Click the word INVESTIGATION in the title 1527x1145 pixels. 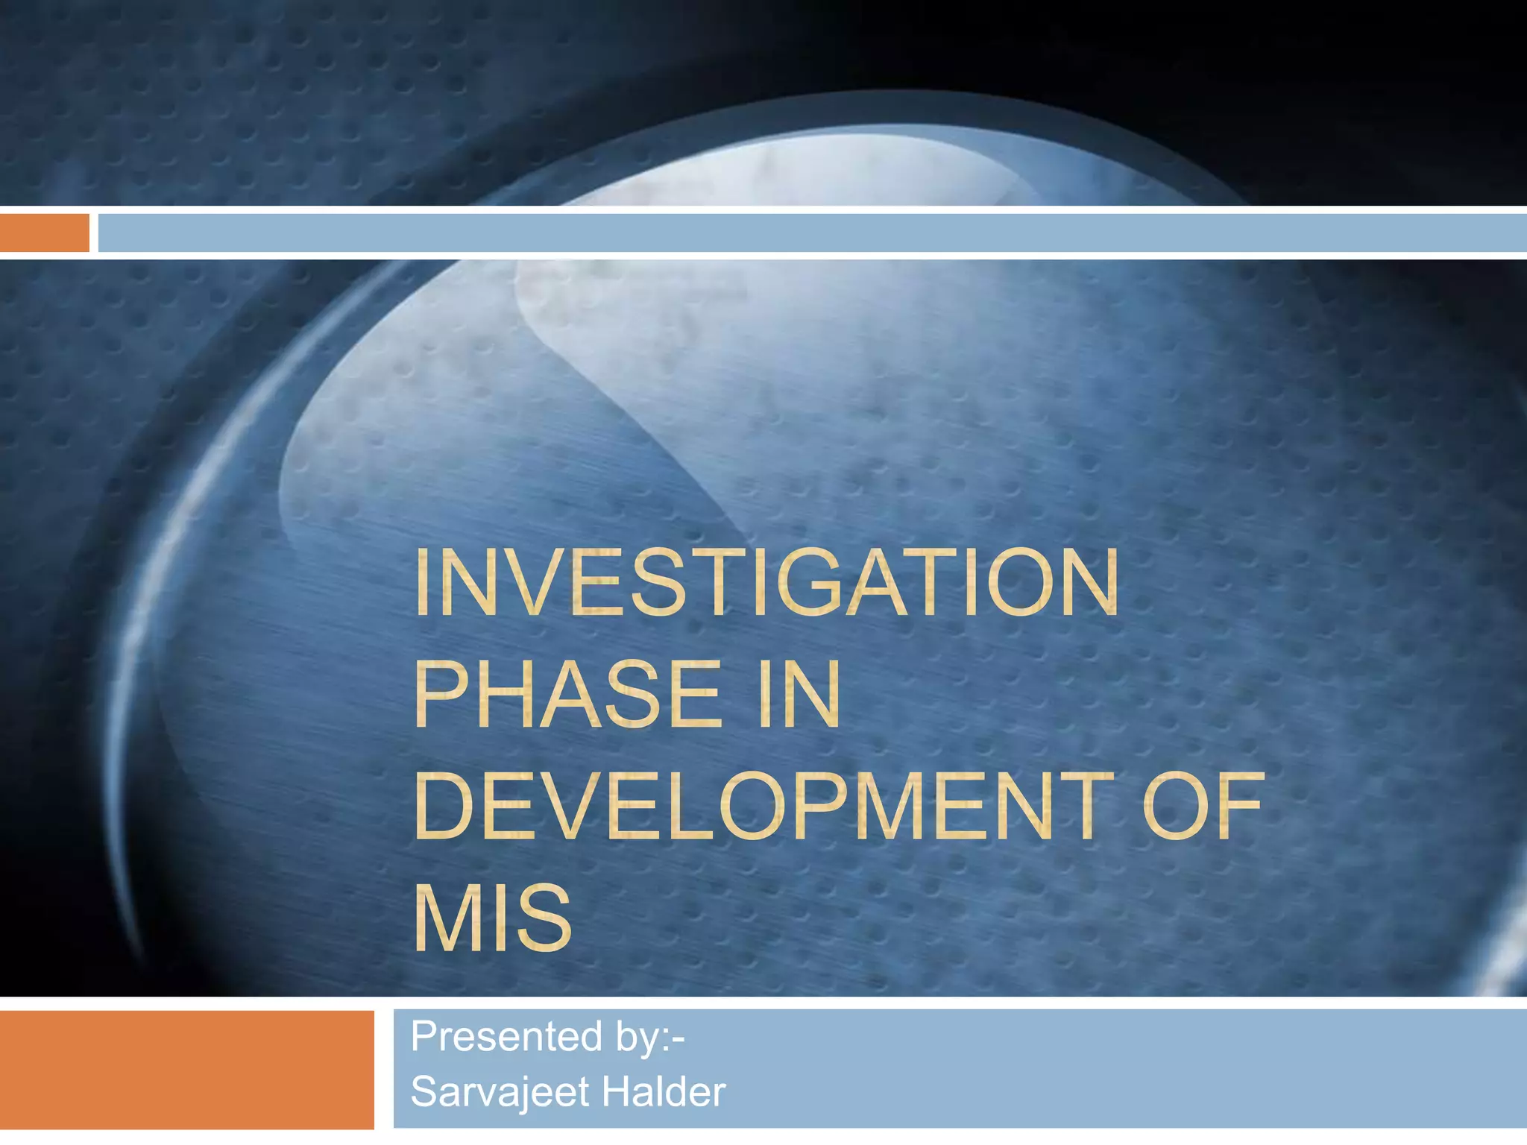point(766,582)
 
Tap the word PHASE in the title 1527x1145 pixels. point(567,694)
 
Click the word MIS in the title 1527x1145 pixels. point(492,918)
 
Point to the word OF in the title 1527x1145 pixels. point(1203,806)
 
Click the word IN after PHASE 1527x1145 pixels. point(799,694)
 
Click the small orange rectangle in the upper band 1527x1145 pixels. point(45,233)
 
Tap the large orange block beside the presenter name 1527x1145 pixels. point(186,1069)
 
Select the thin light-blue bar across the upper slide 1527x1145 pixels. point(812,233)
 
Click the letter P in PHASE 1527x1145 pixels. point(440,694)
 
